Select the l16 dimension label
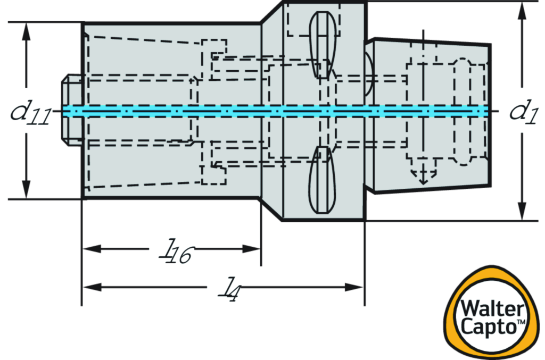[x=171, y=249]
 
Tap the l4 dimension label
[x=224, y=287]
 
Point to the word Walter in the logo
[x=493, y=307]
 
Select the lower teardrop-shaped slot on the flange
[x=322, y=181]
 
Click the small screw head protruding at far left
[x=71, y=110]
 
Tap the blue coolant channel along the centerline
[x=277, y=111]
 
